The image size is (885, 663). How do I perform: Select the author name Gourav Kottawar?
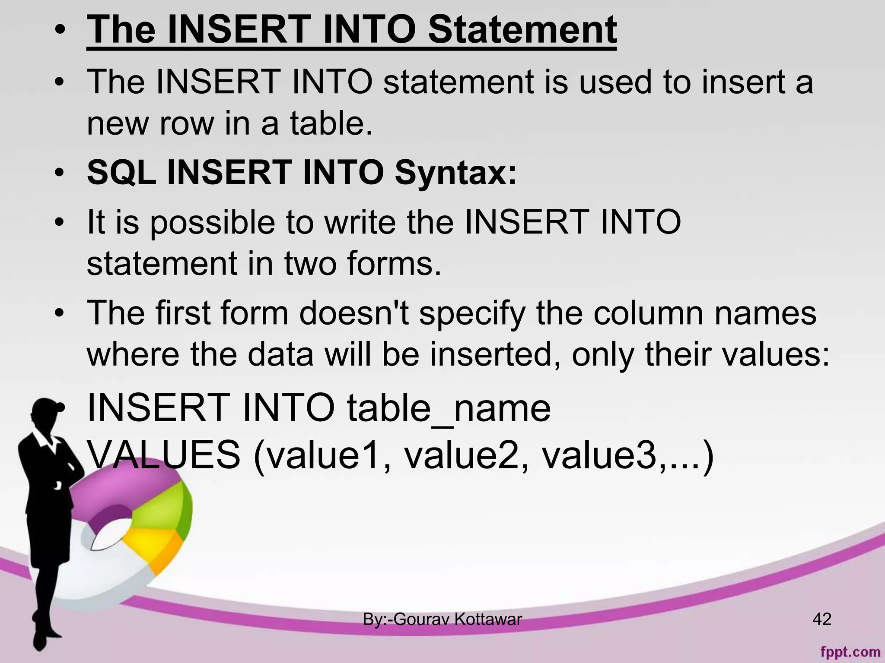458,619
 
